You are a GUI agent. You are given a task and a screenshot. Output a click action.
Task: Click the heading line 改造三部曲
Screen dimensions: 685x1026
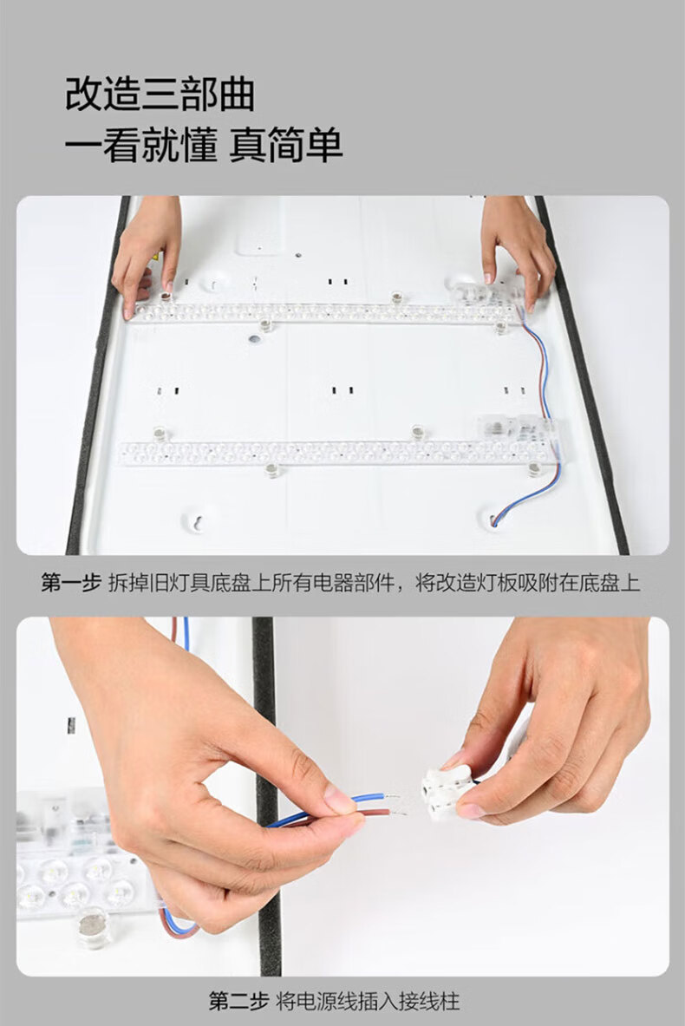point(160,94)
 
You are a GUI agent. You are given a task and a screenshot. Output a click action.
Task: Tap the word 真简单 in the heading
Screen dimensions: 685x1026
point(286,145)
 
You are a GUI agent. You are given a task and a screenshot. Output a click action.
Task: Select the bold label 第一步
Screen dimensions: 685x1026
point(70,582)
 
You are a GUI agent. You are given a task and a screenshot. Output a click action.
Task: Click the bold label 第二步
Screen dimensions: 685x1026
point(238,1001)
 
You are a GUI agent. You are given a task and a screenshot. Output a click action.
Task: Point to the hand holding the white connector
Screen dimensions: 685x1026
point(556,720)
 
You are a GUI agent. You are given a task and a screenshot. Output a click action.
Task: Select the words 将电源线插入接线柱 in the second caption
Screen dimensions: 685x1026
point(368,1001)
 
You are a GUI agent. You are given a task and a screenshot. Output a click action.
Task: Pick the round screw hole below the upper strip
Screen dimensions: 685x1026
point(254,340)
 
